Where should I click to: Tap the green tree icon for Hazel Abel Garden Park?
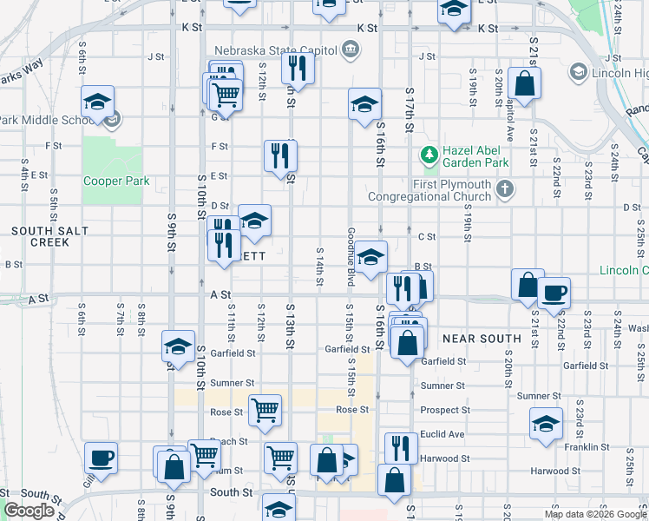pos(429,155)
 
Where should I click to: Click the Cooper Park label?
pos(116,181)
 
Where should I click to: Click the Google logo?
pos(29,511)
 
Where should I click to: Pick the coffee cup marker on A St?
pos(554,292)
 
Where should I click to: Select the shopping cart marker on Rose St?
pos(265,408)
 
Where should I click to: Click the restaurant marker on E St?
pos(280,155)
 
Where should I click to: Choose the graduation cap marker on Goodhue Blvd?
pos(370,257)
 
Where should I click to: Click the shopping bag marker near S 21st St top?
pos(524,83)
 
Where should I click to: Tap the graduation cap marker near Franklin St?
pos(546,424)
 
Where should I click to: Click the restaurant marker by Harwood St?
pos(400,446)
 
